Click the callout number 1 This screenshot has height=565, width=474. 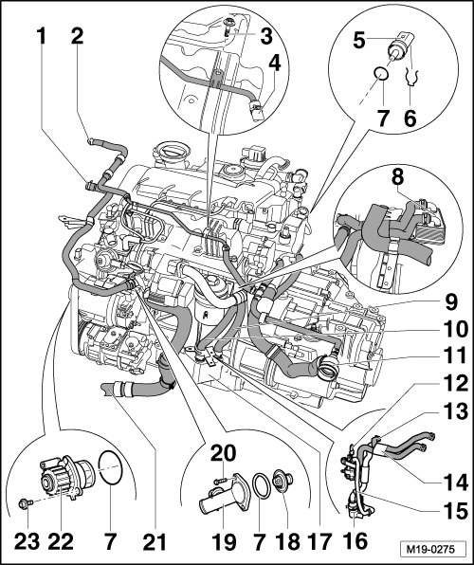coord(42,36)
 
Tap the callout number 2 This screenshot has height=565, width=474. coord(77,36)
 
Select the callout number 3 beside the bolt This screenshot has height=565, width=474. coord(266,36)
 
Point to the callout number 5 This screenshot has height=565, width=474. coord(359,40)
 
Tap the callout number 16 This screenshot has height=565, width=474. coord(355,540)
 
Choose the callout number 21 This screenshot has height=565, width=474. coord(155,540)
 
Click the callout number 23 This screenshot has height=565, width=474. coord(27,540)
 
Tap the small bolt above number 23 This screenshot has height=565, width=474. coord(26,503)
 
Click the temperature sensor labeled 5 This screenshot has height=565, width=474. coord(400,46)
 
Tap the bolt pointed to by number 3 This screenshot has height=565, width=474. coord(228,27)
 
